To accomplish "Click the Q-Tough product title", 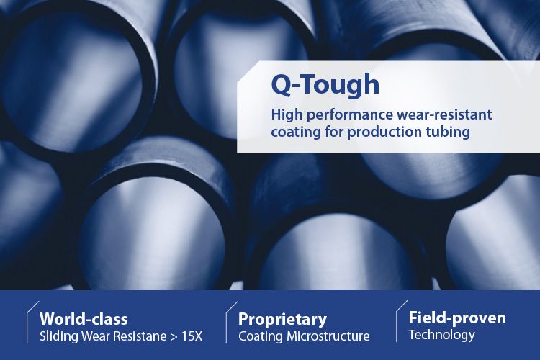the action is pyautogui.click(x=325, y=85).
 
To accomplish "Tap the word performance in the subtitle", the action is pyautogui.click(x=350, y=115).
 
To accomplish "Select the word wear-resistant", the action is pyautogui.click(x=444, y=114).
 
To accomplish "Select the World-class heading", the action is pyautogui.click(x=84, y=319).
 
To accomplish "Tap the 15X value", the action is pyautogui.click(x=192, y=336).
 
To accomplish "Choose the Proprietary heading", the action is pyautogui.click(x=282, y=320).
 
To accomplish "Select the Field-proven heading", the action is pyautogui.click(x=457, y=318).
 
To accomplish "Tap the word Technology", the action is pyautogui.click(x=441, y=335).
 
